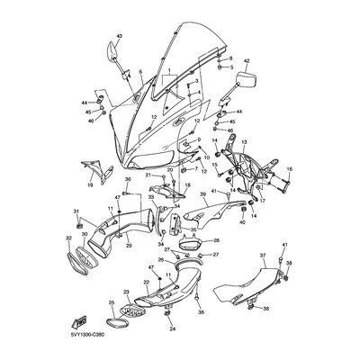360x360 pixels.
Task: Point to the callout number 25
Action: [112, 303]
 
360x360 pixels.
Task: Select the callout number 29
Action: [130, 270]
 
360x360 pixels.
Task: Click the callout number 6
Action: [140, 70]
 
